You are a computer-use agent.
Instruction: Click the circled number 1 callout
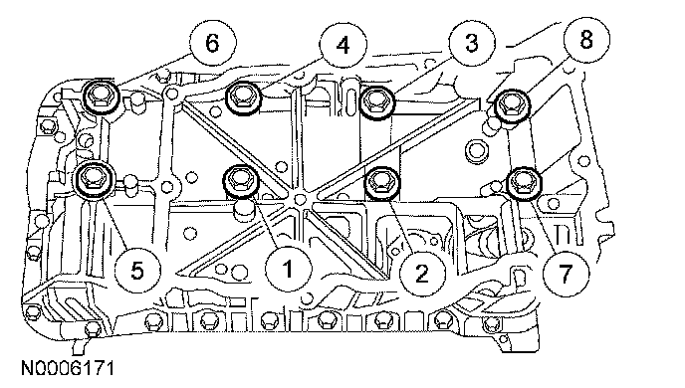point(289,269)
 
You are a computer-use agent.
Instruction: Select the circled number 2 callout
point(421,274)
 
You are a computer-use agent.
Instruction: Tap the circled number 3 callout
point(472,43)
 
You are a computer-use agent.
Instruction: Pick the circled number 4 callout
point(342,45)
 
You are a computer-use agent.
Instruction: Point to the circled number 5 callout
point(137,271)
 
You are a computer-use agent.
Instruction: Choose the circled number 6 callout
point(213,43)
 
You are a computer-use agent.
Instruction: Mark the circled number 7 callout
point(566,274)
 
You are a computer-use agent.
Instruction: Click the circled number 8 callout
point(586,39)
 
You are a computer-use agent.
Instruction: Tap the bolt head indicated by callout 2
point(382,182)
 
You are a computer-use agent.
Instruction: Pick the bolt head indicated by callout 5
point(96,178)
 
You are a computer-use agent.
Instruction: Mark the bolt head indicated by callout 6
point(101,97)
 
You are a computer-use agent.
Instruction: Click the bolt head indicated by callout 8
point(512,106)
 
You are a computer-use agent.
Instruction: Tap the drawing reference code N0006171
point(68,368)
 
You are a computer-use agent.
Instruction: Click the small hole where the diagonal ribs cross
point(300,199)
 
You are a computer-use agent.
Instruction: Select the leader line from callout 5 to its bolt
point(115,224)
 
